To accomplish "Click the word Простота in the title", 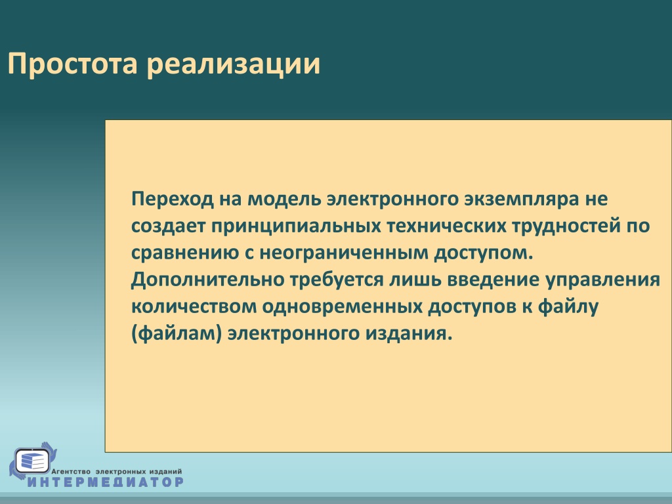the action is click(72, 64).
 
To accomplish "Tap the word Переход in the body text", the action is click(173, 199).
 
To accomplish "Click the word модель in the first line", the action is click(285, 199).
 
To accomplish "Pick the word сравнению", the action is click(185, 253).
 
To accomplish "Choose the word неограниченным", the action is click(344, 253).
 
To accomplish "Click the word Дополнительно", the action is click(208, 280).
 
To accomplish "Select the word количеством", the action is click(194, 307).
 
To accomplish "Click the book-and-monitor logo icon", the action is click(33, 461).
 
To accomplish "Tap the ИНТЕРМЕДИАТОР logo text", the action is click(106, 482).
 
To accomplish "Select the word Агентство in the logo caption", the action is click(71, 471).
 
